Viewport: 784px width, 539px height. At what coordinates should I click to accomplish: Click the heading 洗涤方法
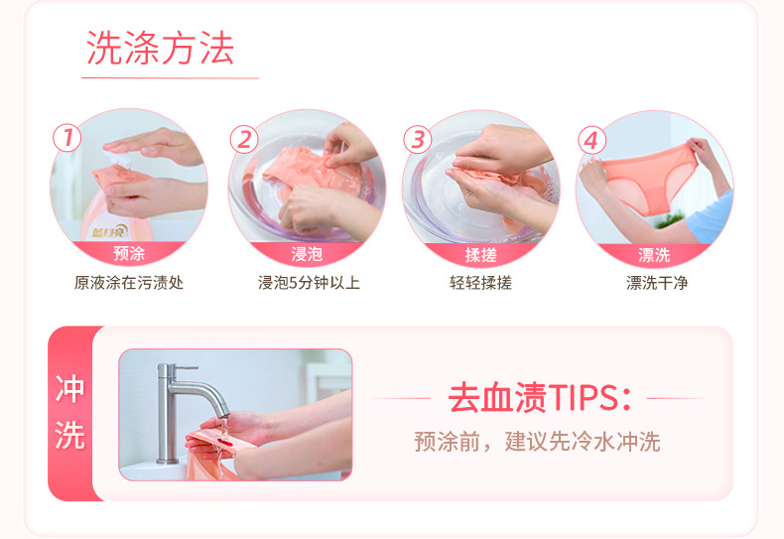[x=160, y=48]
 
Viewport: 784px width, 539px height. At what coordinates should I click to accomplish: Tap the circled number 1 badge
[x=67, y=138]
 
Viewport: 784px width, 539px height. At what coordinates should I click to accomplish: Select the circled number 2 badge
[x=244, y=140]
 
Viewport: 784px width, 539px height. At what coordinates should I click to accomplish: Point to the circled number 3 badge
[x=418, y=140]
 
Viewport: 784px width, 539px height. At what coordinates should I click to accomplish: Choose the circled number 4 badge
[x=592, y=141]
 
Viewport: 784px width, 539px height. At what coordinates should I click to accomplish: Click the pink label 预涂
[x=129, y=253]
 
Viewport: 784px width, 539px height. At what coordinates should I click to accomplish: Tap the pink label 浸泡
[x=307, y=254]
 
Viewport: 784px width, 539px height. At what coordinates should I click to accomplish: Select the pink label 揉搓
[x=480, y=255]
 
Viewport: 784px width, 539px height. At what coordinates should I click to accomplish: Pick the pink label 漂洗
[x=654, y=255]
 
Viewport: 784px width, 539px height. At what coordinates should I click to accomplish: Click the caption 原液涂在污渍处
[x=129, y=283]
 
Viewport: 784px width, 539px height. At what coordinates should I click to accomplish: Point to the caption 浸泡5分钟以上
[x=309, y=283]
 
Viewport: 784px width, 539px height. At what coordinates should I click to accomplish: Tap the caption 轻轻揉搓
[x=480, y=283]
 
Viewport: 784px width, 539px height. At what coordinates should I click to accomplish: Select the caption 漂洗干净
[x=657, y=283]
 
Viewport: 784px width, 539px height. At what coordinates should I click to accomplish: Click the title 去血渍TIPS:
[x=540, y=398]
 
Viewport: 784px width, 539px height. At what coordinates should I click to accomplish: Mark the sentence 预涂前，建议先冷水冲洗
[x=538, y=442]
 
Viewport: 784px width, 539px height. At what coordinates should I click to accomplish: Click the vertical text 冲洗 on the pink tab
[x=69, y=413]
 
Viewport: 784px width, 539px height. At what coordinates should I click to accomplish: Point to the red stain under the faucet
[x=224, y=441]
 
